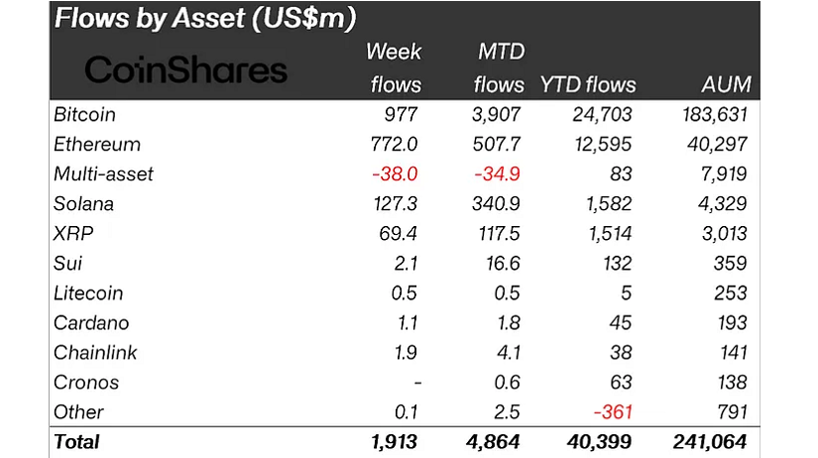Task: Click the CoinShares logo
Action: point(185,69)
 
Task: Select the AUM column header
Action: point(727,84)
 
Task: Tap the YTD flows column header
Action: point(588,84)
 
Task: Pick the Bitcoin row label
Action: point(85,115)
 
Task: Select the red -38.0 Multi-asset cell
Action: point(396,174)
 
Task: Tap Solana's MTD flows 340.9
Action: point(499,204)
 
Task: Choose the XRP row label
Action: point(73,234)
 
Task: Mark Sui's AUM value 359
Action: point(730,264)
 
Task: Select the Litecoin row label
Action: point(89,293)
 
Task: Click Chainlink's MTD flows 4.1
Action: point(510,353)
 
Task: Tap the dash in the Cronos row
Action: point(415,383)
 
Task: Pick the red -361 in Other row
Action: point(612,412)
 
